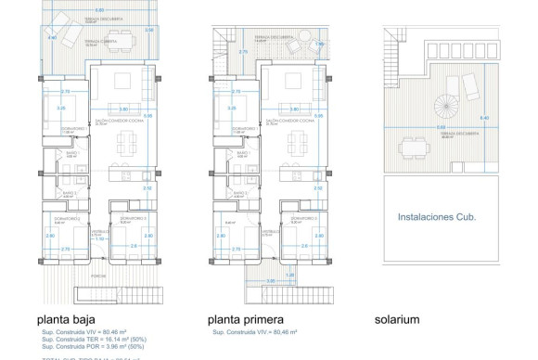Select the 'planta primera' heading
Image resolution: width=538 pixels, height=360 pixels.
(x=245, y=319)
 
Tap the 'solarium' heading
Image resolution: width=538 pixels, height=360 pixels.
(x=397, y=319)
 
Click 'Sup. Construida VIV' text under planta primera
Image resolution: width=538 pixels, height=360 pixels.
(x=254, y=331)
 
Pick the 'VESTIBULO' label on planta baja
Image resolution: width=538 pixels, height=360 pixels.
(x=96, y=233)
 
